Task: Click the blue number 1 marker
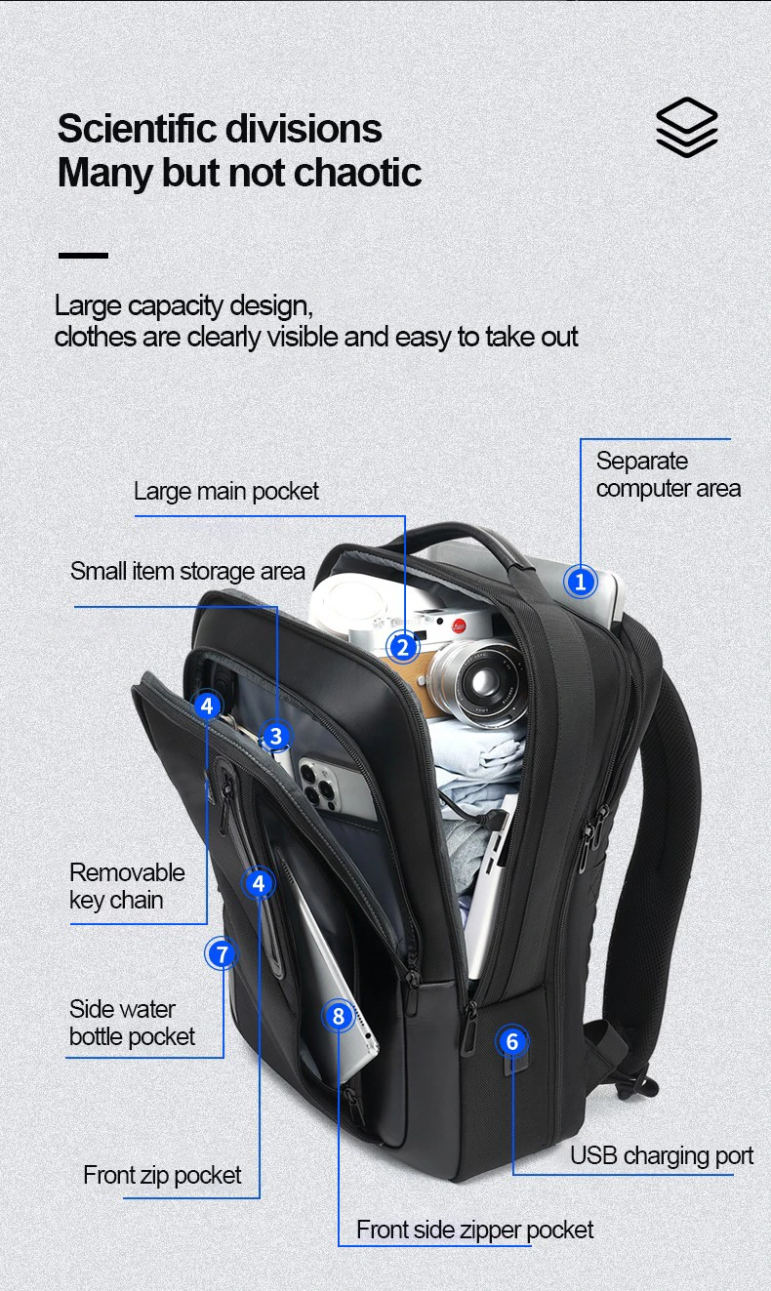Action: [x=581, y=583]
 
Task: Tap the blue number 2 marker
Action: [x=402, y=646]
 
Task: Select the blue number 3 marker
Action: [x=276, y=736]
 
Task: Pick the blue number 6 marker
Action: [x=512, y=1041]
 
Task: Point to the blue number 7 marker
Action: [x=222, y=953]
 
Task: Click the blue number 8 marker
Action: [x=339, y=1017]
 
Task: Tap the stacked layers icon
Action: [x=686, y=127]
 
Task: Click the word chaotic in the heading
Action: [x=358, y=173]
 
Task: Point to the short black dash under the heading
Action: [x=83, y=256]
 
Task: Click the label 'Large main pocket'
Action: [x=226, y=491]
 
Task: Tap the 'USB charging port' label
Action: [x=662, y=1156]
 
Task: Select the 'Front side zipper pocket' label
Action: [x=474, y=1230]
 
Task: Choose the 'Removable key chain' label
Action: [x=127, y=886]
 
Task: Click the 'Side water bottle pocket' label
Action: [x=132, y=1023]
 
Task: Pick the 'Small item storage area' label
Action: [x=187, y=571]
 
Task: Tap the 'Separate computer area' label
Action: [x=668, y=474]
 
